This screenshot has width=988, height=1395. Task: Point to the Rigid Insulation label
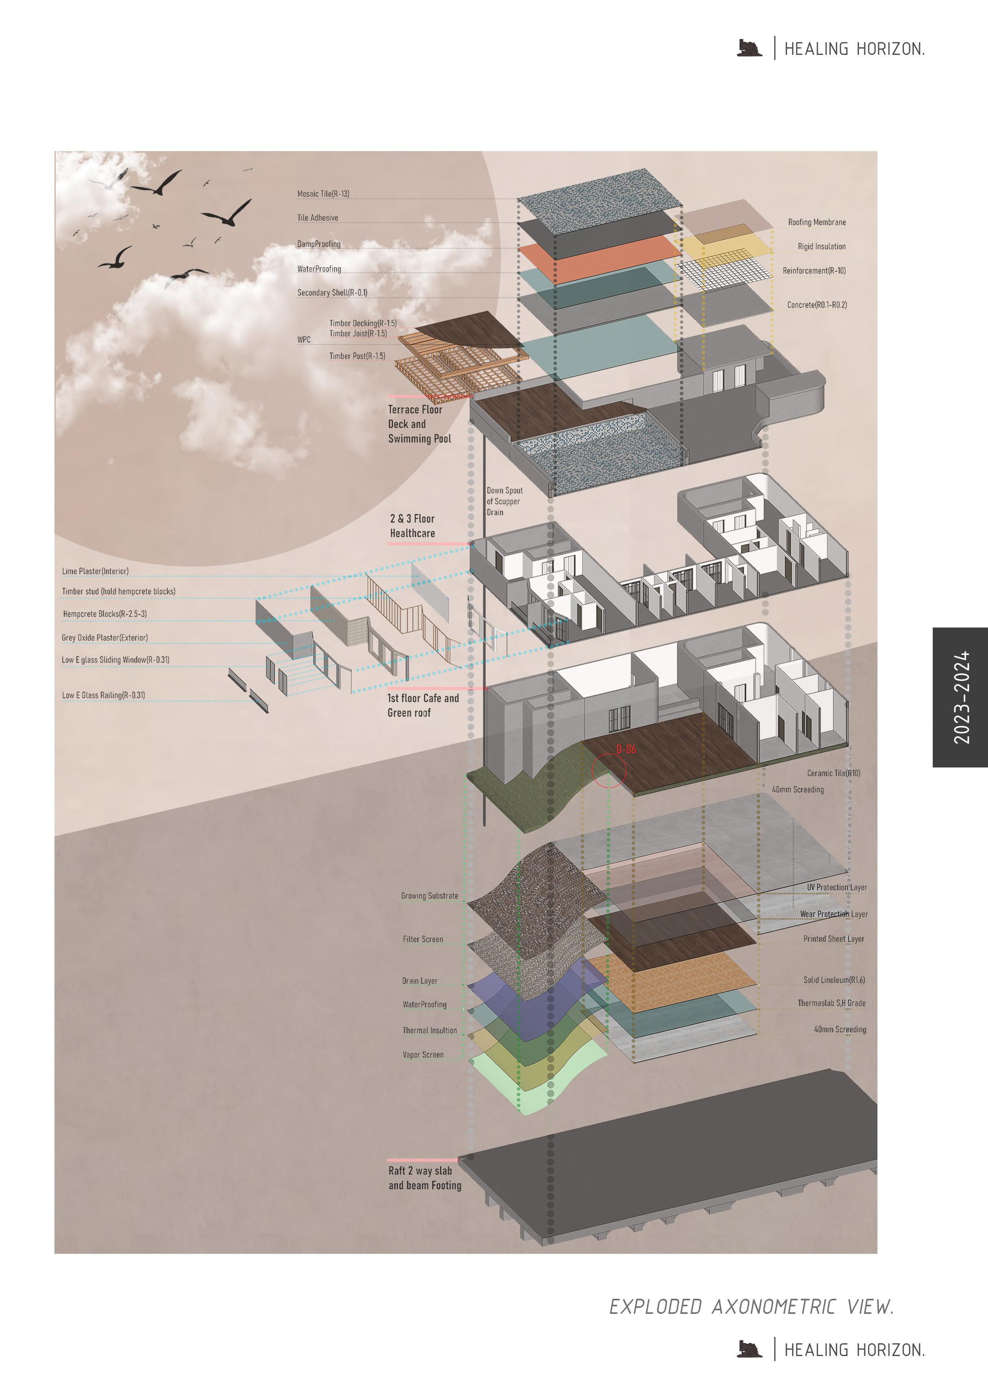(x=821, y=247)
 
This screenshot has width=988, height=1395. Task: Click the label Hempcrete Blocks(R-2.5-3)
(x=105, y=614)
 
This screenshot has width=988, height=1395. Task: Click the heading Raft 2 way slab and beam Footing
(x=425, y=1178)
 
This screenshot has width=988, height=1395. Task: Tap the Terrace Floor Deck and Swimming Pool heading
(x=419, y=424)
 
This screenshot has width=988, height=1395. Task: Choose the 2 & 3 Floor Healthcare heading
(x=412, y=526)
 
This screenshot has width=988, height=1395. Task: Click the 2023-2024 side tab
(x=961, y=697)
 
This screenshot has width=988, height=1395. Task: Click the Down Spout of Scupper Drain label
(x=504, y=501)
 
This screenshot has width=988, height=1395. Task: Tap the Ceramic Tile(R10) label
(x=833, y=773)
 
